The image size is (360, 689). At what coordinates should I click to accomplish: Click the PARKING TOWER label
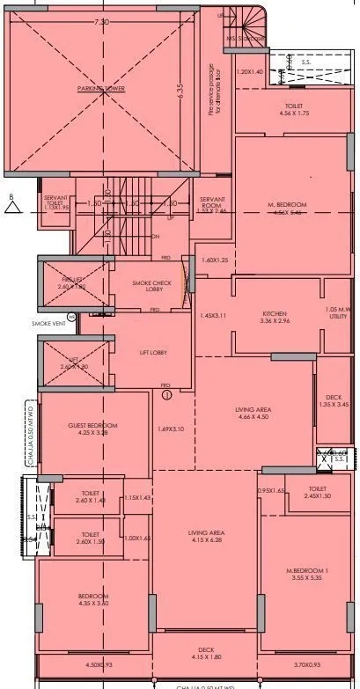click(100, 89)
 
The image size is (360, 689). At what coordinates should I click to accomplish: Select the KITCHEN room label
click(275, 313)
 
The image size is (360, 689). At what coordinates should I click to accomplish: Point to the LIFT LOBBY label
click(152, 352)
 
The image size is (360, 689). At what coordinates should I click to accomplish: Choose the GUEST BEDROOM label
click(92, 426)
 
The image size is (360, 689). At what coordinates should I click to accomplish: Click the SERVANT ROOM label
click(211, 202)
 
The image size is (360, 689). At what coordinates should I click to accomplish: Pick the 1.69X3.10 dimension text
click(171, 429)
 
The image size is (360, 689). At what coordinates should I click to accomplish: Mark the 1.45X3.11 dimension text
click(213, 315)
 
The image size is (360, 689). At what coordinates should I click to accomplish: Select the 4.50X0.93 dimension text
click(99, 665)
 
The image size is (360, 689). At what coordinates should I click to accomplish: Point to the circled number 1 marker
click(166, 395)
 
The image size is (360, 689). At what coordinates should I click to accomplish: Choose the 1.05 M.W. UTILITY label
click(337, 312)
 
